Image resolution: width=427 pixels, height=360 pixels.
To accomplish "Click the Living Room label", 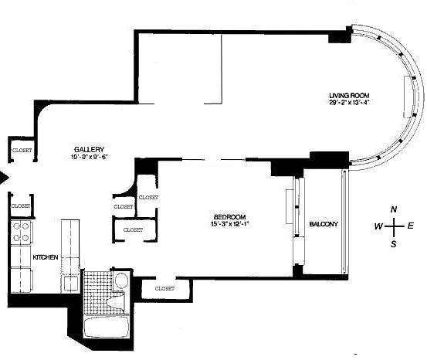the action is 349,95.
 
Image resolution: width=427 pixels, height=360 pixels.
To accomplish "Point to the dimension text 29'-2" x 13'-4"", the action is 349,103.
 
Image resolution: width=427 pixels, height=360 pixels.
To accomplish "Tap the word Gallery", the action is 89,149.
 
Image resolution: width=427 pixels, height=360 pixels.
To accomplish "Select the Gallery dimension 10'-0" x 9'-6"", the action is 89,157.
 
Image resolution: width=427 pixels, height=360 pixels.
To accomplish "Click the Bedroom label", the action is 230,217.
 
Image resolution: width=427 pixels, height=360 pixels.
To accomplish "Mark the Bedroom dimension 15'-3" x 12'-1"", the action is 230,224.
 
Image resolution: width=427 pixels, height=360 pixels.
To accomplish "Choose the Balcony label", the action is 324,224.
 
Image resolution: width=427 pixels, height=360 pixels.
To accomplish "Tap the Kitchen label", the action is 46,257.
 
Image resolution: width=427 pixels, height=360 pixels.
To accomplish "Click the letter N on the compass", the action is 394,209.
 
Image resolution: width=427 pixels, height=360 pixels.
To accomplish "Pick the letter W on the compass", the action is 378,226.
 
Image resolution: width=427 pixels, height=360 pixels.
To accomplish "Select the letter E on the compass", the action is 410,226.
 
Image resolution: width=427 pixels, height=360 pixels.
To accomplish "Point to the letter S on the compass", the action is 394,244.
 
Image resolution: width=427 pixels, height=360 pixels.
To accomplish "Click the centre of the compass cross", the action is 394,226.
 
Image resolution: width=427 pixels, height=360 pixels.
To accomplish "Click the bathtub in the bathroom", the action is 107,327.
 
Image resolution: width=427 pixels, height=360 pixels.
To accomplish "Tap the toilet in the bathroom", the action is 117,301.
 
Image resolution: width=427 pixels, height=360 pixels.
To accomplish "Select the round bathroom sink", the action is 121,280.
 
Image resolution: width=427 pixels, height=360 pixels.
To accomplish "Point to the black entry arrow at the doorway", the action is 4,178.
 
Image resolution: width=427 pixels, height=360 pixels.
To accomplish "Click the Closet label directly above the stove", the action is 21,206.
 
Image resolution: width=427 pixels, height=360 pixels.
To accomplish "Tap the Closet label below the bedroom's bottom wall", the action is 164,288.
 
